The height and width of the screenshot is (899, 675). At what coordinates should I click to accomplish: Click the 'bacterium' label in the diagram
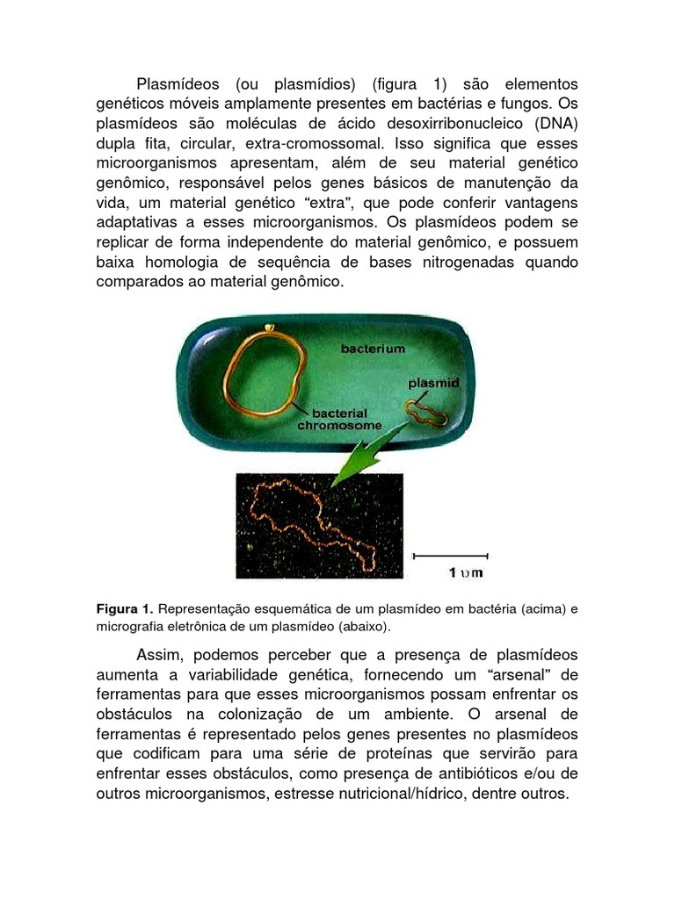point(374,349)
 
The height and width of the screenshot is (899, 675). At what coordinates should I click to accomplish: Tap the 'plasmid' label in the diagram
point(433,384)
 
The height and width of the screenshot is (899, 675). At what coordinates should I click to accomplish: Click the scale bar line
point(450,555)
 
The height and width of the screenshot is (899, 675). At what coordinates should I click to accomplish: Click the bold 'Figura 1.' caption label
point(125,608)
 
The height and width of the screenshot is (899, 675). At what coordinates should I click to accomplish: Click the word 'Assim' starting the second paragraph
point(159,655)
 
